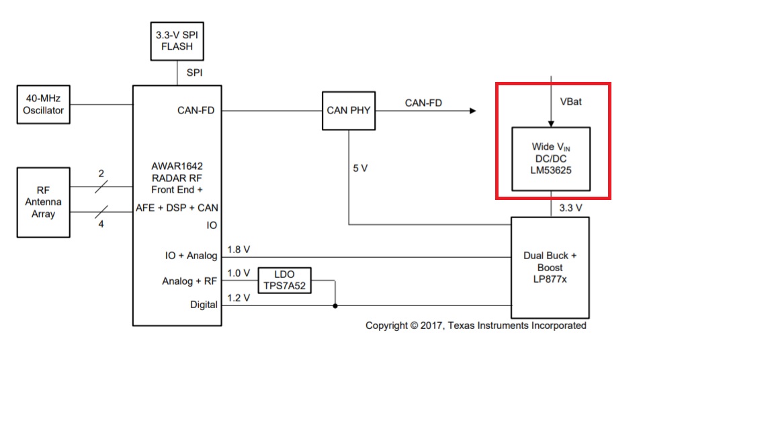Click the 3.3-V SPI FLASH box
point(177,41)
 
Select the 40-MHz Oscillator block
point(44,105)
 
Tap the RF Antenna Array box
point(44,202)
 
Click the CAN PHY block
point(349,111)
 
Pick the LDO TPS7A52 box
point(285,280)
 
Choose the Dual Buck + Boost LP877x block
point(550,267)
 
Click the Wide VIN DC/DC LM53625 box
point(551,159)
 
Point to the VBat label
point(570,101)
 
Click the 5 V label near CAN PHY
point(360,168)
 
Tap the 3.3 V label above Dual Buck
point(570,208)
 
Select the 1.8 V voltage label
point(239,250)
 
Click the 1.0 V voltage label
point(239,273)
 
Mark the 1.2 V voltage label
point(239,298)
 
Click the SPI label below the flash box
point(194,72)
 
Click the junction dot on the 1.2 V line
point(335,306)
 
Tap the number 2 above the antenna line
point(101,174)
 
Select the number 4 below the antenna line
point(101,224)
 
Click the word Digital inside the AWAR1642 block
point(204,305)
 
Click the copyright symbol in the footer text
point(414,326)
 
